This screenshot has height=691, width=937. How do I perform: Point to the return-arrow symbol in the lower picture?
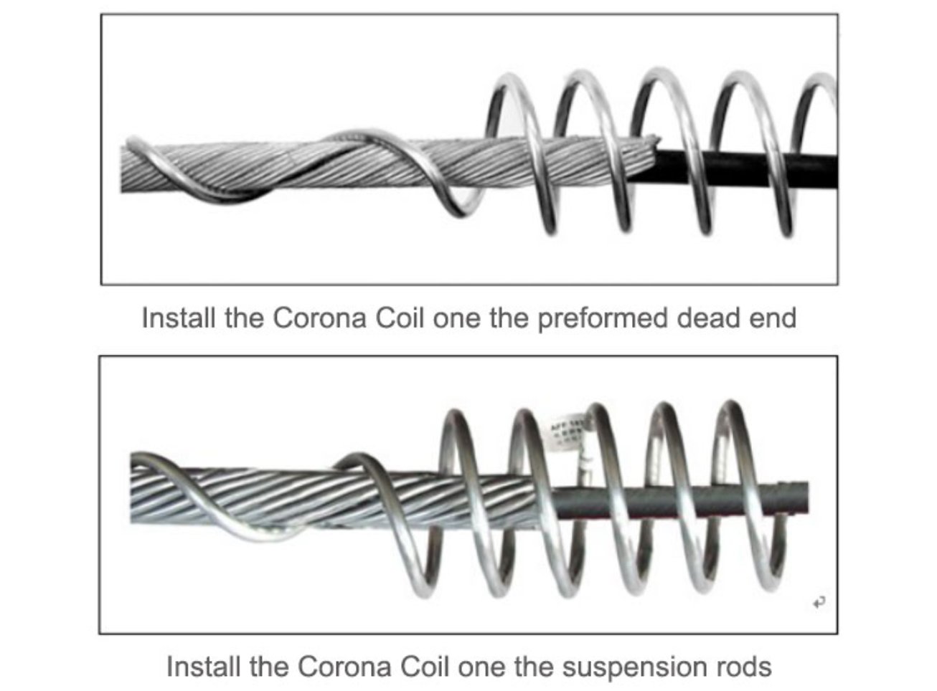819,603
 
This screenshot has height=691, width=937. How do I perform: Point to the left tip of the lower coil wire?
134,458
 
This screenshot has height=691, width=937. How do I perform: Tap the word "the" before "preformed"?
509,318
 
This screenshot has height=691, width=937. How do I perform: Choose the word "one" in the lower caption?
481,667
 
